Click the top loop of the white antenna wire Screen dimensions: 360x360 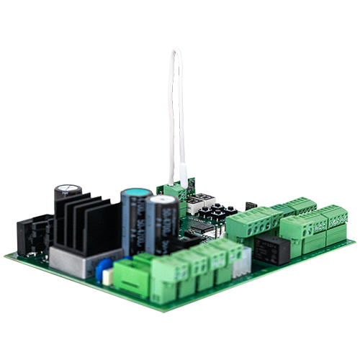pos(175,51)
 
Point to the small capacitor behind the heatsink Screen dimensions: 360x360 pos(68,192)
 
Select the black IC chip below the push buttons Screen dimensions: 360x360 pos(204,228)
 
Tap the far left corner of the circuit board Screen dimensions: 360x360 pos(5,253)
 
